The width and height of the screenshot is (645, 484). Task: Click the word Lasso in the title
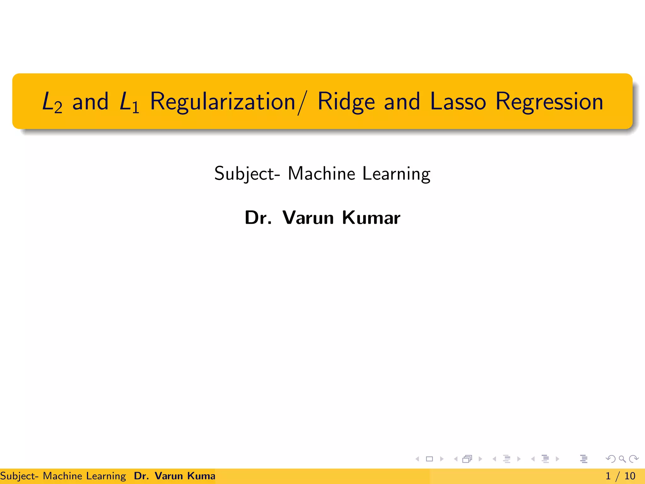click(x=458, y=101)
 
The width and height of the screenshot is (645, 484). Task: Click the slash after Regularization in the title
click(x=301, y=103)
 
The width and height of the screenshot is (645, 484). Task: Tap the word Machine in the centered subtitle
click(x=322, y=173)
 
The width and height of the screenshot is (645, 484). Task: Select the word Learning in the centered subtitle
click(x=396, y=174)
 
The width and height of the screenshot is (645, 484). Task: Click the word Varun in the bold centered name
click(x=308, y=217)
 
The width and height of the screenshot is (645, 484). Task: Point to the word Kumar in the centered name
click(x=371, y=217)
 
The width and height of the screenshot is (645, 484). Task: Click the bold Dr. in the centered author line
click(x=258, y=217)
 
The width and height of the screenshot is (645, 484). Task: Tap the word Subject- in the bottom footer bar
click(x=19, y=476)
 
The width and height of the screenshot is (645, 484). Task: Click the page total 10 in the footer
click(x=630, y=476)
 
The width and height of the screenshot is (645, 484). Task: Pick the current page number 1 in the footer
click(x=608, y=476)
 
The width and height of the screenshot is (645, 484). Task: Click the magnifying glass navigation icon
click(x=622, y=459)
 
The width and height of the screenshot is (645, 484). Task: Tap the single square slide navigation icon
click(x=429, y=459)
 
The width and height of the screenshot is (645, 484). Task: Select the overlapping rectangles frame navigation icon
click(x=467, y=459)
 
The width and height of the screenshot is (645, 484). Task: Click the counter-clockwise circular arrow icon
click(x=610, y=459)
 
